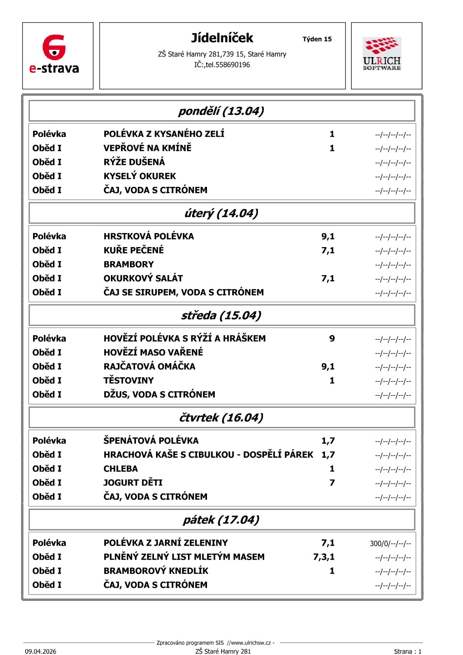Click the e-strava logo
click(54, 54)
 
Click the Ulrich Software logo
click(382, 54)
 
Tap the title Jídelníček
click(222, 38)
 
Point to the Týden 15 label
click(317, 39)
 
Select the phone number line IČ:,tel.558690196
click(222, 65)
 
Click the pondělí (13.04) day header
click(221, 111)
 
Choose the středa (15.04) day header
click(221, 315)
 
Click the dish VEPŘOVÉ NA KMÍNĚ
click(147, 148)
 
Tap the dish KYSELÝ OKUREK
click(140, 176)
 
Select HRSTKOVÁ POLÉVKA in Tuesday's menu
click(149, 236)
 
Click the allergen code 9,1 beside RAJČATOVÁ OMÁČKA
click(328, 366)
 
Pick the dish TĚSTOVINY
click(128, 380)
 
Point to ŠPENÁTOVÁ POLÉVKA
click(151, 441)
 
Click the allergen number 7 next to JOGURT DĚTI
click(332, 483)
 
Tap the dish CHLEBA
click(121, 469)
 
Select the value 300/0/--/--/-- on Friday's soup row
click(390, 543)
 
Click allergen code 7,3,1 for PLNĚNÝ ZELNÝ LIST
click(324, 557)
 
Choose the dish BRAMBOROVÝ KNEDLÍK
click(156, 571)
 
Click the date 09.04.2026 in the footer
click(40, 651)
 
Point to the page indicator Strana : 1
click(407, 651)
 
